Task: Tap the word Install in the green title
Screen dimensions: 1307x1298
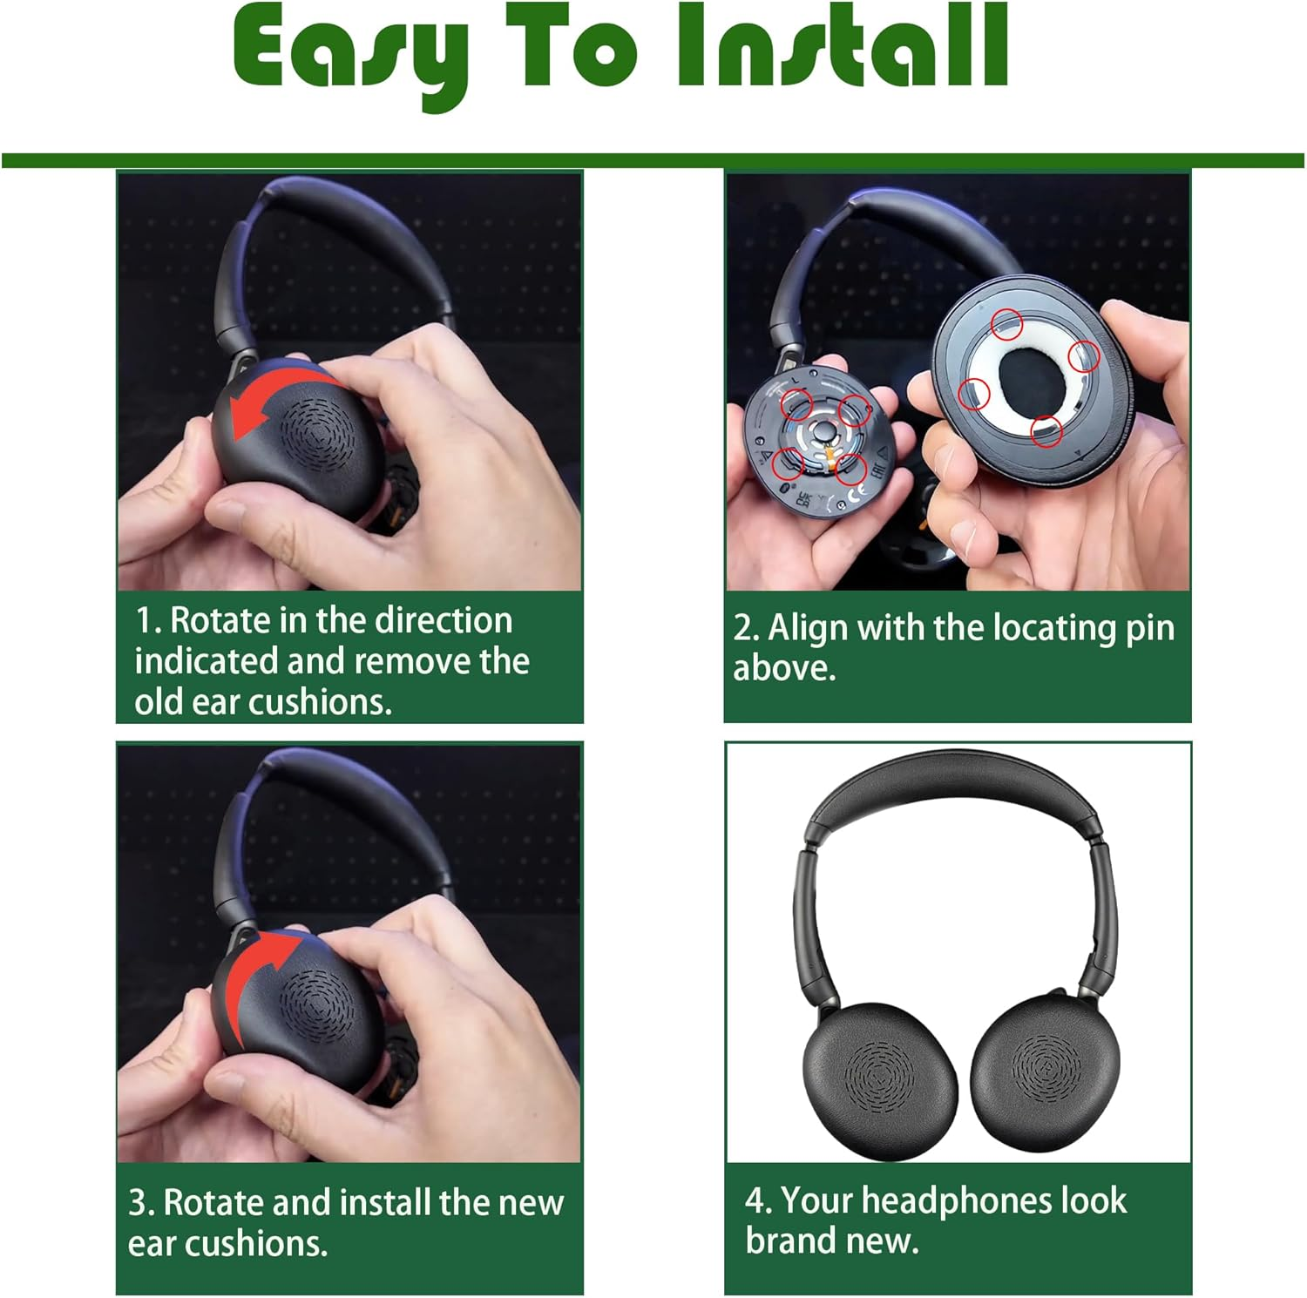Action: (843, 44)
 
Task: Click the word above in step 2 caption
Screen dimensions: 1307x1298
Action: (784, 669)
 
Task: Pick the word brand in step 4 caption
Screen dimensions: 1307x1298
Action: (789, 1241)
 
